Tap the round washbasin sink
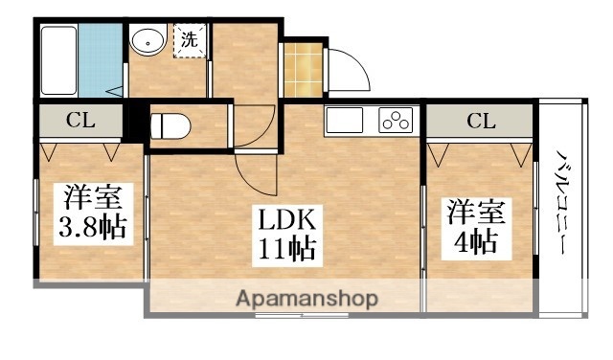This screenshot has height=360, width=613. click(x=148, y=42)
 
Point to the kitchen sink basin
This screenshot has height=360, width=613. click(x=344, y=121)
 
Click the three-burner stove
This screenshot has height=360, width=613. click(x=396, y=121)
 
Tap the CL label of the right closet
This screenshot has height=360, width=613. click(x=480, y=121)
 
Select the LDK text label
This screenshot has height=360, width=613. click(x=285, y=220)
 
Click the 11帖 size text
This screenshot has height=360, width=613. click(x=285, y=251)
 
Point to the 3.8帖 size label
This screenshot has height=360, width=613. click(x=93, y=228)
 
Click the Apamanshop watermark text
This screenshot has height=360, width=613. click(x=306, y=298)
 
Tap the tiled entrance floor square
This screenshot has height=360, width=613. click(x=304, y=69)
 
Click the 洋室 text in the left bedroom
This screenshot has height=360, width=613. click(x=93, y=199)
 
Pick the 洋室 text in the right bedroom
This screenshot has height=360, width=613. click(x=476, y=211)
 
